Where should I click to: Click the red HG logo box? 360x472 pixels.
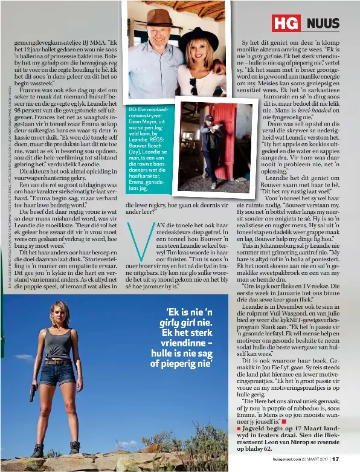coord(286,24)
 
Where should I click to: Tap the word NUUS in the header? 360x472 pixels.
coord(323,24)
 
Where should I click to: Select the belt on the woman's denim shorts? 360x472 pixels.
coord(58,362)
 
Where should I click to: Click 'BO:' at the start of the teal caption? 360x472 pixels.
coord(133,109)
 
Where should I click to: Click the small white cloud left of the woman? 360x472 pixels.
coord(23,357)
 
